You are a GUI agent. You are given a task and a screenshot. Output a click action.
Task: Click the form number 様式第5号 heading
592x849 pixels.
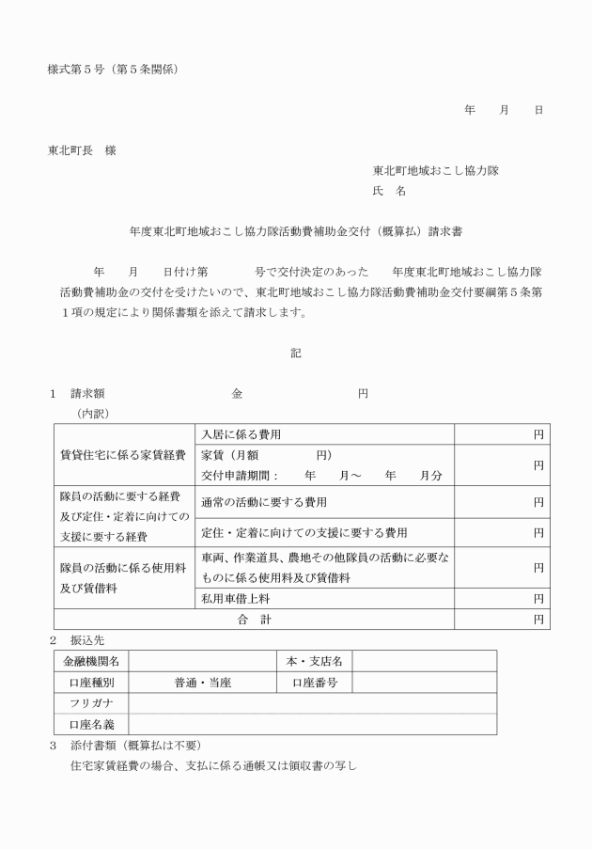[112, 69]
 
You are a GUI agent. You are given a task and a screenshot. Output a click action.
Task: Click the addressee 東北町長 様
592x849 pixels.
[82, 150]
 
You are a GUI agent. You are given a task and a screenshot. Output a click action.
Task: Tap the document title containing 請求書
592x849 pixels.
[295, 230]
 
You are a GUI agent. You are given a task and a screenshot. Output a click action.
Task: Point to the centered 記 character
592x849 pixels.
[295, 354]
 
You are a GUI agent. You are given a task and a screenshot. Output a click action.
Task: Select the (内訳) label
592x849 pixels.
[92, 413]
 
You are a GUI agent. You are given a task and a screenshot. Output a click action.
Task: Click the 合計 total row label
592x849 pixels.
[254, 620]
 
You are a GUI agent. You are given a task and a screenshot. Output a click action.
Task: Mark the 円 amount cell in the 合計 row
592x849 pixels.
[502, 620]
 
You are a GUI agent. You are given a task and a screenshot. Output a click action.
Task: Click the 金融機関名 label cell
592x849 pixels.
[91, 661]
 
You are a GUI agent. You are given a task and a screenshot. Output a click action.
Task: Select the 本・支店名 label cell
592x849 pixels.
[314, 661]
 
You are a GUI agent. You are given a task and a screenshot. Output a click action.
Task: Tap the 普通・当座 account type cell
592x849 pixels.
[203, 683]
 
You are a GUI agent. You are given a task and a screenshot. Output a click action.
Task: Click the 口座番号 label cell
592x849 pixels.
[314, 683]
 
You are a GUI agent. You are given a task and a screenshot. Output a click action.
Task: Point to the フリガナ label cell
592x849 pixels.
[91, 703]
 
